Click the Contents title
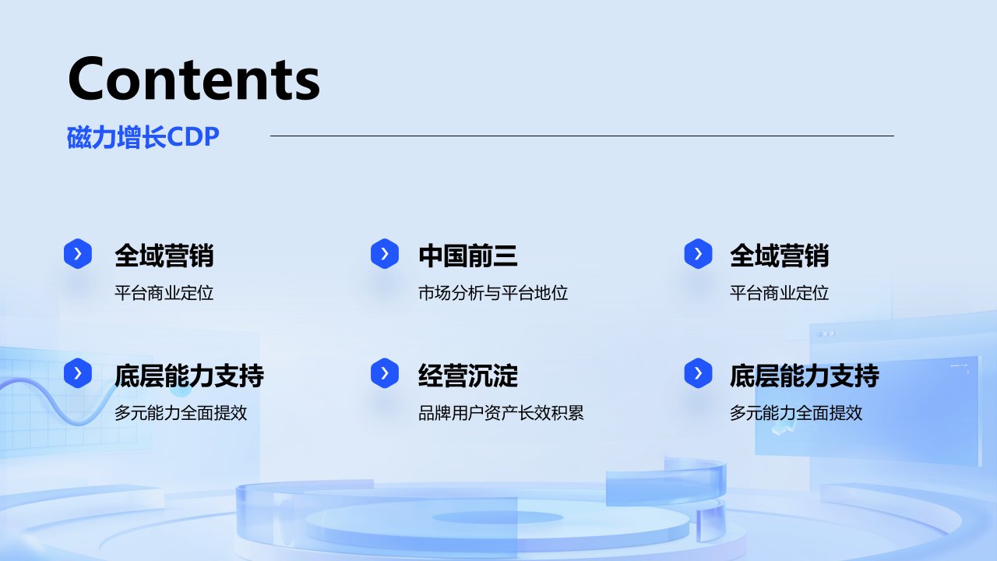pyautogui.click(x=194, y=79)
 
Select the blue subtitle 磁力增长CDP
pyautogui.click(x=143, y=136)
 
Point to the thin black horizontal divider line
pyautogui.click(x=582, y=136)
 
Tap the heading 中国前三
pyautogui.click(x=468, y=256)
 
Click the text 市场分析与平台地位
pyautogui.click(x=493, y=293)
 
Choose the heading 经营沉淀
pyautogui.click(x=468, y=376)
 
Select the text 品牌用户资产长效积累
pyautogui.click(x=501, y=413)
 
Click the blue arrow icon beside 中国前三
pyautogui.click(x=385, y=254)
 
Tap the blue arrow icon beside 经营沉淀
pyautogui.click(x=385, y=373)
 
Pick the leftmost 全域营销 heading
pyautogui.click(x=164, y=256)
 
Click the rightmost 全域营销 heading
pyautogui.click(x=780, y=256)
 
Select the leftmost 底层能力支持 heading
pyautogui.click(x=189, y=376)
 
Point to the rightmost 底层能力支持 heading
pyautogui.click(x=805, y=376)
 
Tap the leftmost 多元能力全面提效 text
pyautogui.click(x=181, y=413)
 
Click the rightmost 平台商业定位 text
pyautogui.click(x=779, y=293)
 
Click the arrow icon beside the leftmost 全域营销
pyautogui.click(x=78, y=254)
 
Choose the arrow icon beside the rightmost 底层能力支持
pyautogui.click(x=698, y=373)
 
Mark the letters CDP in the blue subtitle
pyautogui.click(x=193, y=136)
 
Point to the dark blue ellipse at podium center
pyautogui.click(x=498, y=518)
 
